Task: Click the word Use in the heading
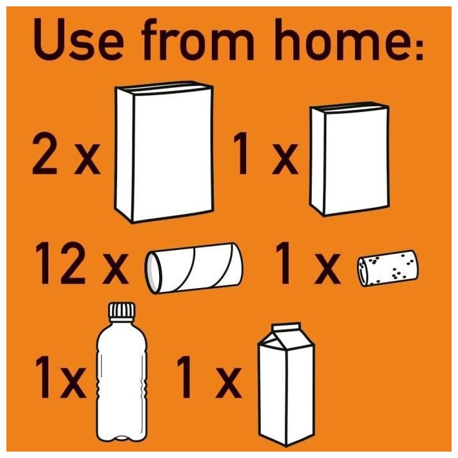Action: (78, 39)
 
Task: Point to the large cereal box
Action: (164, 152)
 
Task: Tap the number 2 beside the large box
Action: (45, 153)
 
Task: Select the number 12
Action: (60, 263)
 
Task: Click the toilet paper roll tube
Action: (193, 268)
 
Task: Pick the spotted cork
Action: (387, 268)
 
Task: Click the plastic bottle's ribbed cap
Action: (121, 312)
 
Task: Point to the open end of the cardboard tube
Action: (153, 273)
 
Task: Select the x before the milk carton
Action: (228, 383)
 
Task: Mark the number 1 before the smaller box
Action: (242, 153)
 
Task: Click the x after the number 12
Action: (115, 268)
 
